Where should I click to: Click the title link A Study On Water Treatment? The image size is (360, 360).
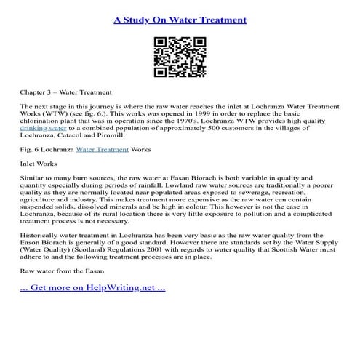tap(180, 19)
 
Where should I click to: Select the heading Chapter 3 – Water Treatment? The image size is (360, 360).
tap(65, 93)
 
